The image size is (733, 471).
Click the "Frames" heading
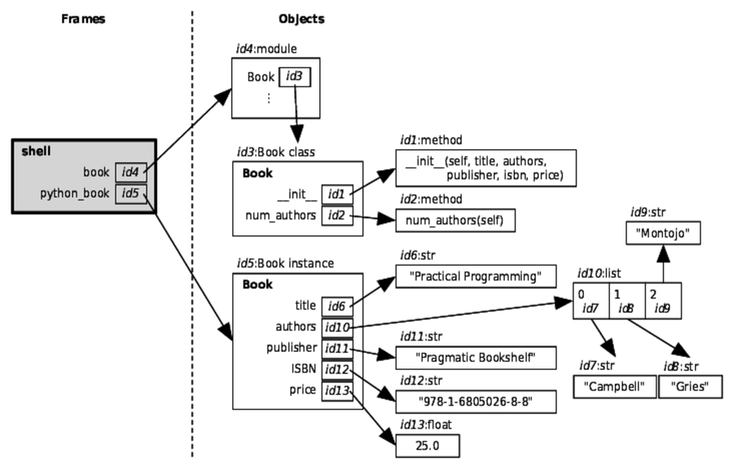(83, 19)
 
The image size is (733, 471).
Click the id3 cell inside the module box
(293, 77)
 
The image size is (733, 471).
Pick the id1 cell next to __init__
(336, 194)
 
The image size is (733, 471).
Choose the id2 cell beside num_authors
(336, 215)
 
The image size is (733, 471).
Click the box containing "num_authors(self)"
(455, 221)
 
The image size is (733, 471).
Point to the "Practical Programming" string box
(469, 276)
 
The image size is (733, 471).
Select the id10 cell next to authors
(336, 327)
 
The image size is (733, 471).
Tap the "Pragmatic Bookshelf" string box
(470, 357)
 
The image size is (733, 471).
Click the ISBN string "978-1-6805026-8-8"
(470, 401)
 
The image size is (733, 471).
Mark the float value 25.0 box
(428, 446)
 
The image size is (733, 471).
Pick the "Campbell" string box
(614, 387)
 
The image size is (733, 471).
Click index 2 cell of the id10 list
(663, 300)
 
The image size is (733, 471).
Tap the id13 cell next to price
(336, 390)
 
